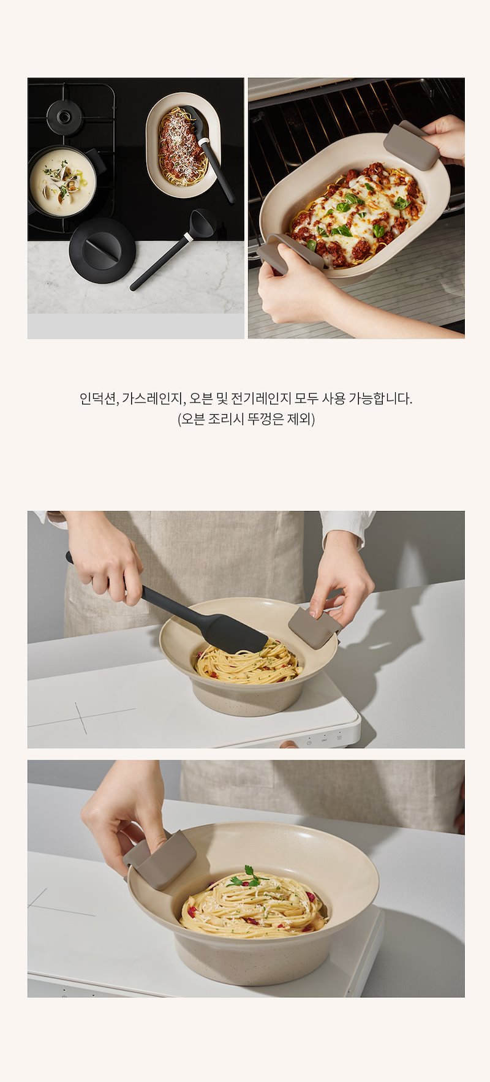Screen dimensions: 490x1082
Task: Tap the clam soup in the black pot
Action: tap(62, 182)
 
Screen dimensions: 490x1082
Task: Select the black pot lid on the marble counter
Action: tap(102, 250)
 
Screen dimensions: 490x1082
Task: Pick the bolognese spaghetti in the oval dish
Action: tap(182, 146)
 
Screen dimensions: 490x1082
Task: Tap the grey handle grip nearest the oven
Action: tap(412, 145)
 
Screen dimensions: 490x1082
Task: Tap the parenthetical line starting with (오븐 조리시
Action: tap(246, 420)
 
